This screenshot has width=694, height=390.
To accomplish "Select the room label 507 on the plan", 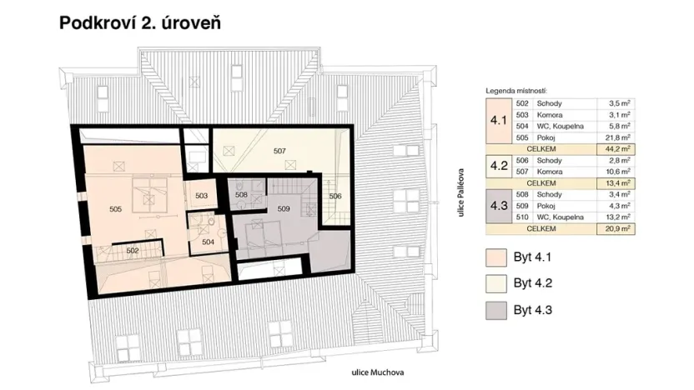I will click(x=279, y=152).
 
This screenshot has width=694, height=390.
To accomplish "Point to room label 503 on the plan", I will click(x=201, y=196).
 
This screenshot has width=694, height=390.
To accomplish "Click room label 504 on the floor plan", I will click(x=209, y=241).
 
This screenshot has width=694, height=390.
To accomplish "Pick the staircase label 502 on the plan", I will click(x=132, y=249).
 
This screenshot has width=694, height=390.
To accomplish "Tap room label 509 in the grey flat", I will click(x=283, y=208).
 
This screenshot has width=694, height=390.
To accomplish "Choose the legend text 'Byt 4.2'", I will click(x=534, y=283).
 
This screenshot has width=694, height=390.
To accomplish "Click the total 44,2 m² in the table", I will click(x=618, y=147).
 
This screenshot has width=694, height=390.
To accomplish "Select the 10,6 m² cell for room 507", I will click(x=618, y=171).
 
